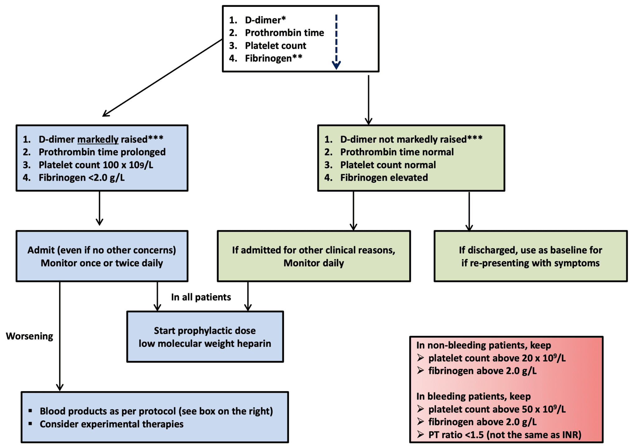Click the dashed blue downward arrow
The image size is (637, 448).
click(x=336, y=42)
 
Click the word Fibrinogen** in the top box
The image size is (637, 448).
click(x=273, y=58)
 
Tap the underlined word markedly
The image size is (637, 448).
click(x=98, y=139)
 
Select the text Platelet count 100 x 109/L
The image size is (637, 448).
click(x=96, y=165)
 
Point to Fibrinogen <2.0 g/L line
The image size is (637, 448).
click(x=81, y=178)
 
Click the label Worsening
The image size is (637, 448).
click(x=30, y=336)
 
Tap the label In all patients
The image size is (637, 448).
click(x=201, y=297)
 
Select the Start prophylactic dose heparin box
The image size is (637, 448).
click(x=205, y=337)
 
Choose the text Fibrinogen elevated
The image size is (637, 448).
click(x=384, y=178)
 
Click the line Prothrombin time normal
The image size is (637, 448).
click(x=397, y=152)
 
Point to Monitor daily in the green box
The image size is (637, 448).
click(x=314, y=263)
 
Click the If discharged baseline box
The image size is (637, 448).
click(x=530, y=256)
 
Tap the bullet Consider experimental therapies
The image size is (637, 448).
click(x=111, y=424)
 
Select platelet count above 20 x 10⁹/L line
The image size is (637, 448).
click(x=497, y=358)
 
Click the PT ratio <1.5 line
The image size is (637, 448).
click(x=504, y=435)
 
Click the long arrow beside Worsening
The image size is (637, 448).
click(x=60, y=336)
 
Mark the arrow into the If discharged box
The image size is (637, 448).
click(x=469, y=212)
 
